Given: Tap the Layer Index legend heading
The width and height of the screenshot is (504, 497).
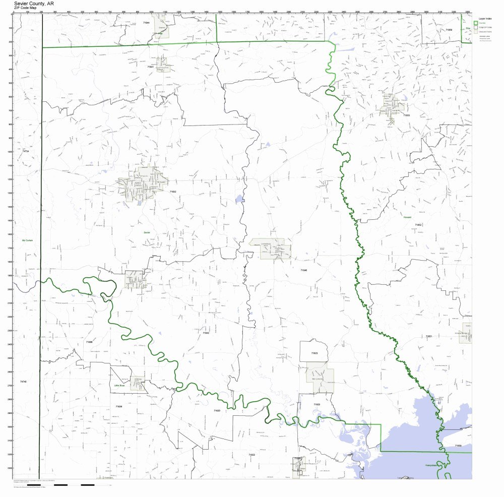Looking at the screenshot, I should (x=485, y=18).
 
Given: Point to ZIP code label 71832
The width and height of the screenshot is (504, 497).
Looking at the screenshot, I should (x=173, y=192).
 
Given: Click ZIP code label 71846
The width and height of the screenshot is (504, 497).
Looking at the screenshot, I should (x=303, y=271).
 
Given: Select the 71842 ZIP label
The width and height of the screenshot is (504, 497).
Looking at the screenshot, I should (x=206, y=333).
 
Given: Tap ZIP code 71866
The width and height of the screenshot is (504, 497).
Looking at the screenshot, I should (x=89, y=342).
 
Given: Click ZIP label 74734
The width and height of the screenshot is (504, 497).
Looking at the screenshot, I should (x=26, y=151).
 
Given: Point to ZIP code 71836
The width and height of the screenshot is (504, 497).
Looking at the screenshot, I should (x=118, y=406).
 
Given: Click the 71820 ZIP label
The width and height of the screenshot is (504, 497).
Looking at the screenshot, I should (x=217, y=411).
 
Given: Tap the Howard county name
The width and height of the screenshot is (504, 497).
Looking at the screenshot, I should (x=407, y=216).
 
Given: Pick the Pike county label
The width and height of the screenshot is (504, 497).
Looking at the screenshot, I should (x=468, y=28).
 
